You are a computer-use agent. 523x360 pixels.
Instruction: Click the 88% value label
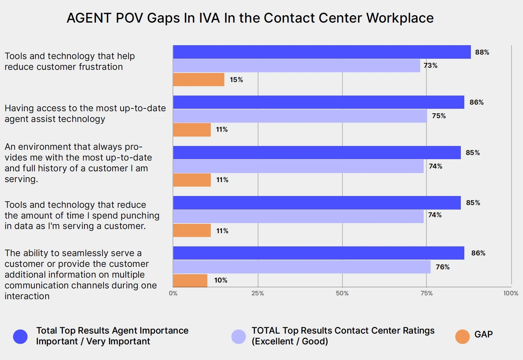482,52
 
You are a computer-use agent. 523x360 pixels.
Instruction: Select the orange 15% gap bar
199,80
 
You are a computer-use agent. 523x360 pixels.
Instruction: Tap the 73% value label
430,65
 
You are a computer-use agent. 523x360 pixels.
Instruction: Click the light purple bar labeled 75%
300,116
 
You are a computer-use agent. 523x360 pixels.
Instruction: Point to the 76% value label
442,267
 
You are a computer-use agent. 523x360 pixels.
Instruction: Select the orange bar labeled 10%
190,280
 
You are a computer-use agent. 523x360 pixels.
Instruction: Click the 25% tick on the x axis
257,293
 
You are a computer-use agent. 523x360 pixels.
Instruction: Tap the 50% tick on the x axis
342,293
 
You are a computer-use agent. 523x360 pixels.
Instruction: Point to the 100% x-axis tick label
510,293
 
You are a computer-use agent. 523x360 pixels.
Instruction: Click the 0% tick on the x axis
173,293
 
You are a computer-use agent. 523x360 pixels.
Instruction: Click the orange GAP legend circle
462,336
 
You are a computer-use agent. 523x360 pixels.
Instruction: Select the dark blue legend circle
20,336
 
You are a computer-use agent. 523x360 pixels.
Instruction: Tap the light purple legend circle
239,336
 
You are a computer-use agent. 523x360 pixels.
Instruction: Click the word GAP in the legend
483,334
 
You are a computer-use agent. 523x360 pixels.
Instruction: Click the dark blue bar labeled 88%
322,52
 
